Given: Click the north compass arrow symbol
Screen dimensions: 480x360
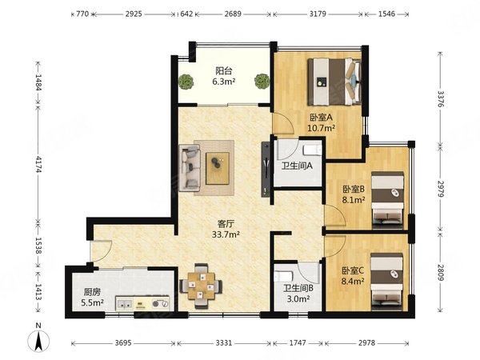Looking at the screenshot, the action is pos(38,341).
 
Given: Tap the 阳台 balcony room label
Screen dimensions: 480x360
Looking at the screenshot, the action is pos(224,71).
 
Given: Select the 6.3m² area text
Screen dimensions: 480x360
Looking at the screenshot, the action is pos(224,82).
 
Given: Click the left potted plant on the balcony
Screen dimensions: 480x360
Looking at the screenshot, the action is pos(186,82).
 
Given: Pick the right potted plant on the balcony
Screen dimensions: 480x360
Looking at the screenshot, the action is pos(262,81).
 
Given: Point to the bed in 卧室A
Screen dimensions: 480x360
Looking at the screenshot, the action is pos(334,82).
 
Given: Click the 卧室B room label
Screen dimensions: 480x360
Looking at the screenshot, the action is pos(354,190).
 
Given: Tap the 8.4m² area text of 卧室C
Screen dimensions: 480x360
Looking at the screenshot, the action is pos(353,281).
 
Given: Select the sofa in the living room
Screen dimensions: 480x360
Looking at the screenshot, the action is pos(190,168).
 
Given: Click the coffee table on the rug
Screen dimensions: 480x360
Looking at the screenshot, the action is pos(218,168).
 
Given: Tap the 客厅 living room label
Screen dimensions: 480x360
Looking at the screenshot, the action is pos(226,224).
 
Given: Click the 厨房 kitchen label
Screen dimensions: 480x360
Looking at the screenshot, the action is pos(92,292).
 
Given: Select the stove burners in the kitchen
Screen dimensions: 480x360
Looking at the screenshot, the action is pos(161,304).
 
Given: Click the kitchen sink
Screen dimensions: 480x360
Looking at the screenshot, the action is pos(125,304).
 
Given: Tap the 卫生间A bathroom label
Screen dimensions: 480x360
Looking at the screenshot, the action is pos(297,166).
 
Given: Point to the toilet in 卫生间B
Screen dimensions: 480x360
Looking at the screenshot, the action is pos(282,276).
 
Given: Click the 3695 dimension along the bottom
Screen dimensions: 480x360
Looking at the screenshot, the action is pos(123,343).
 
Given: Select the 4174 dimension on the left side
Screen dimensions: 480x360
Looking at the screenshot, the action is pos(38,164).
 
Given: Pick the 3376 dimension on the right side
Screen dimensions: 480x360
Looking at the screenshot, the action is pos(440,98).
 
